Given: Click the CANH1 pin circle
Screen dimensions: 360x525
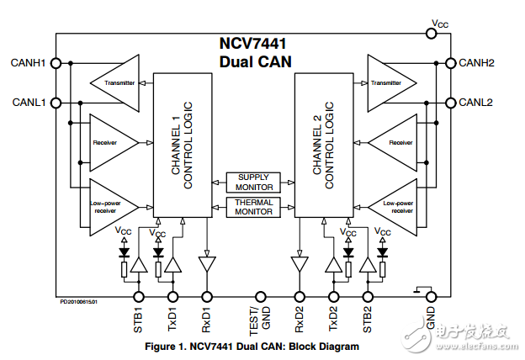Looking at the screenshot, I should pyautogui.click(x=56, y=63).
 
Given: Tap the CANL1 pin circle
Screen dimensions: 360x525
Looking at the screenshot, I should pyautogui.click(x=56, y=103).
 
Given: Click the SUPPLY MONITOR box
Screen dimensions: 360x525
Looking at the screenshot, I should pyautogui.click(x=253, y=183).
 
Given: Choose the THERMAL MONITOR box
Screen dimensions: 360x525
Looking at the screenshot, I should pyautogui.click(x=253, y=207).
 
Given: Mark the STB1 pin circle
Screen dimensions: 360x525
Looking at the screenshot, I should pyautogui.click(x=139, y=296).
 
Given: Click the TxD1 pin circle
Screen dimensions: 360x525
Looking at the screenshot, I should pyautogui.click(x=173, y=296).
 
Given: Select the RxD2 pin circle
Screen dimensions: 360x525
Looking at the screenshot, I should pyautogui.click(x=299, y=296).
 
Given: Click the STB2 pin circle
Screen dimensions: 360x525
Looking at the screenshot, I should pyautogui.click(x=367, y=296).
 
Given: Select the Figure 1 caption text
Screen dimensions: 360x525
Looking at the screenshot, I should pyautogui.click(x=252, y=346).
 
